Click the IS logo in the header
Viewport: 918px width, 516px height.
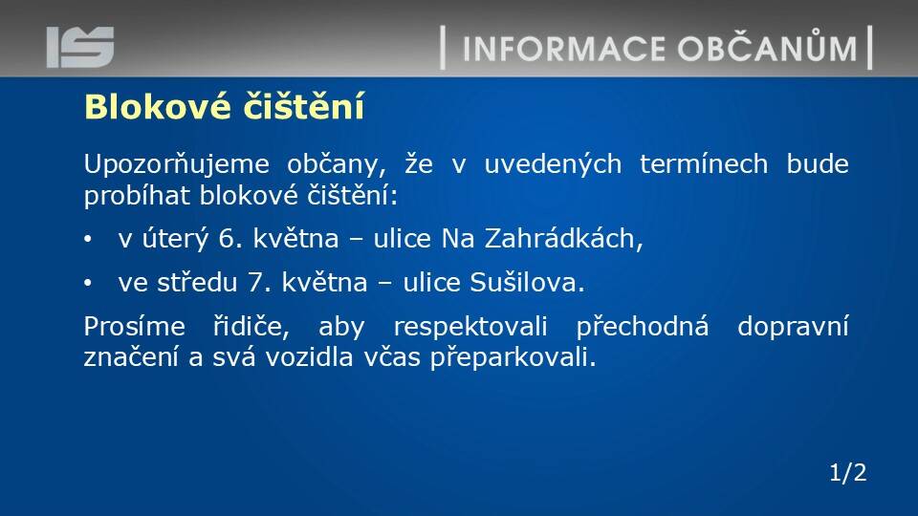tap(80, 47)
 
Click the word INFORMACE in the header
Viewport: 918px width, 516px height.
tap(564, 49)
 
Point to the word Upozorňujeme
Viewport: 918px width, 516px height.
tap(176, 164)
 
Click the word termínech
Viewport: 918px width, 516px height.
tap(704, 163)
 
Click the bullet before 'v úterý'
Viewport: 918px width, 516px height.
tap(88, 239)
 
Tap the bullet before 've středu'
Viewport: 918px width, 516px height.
tap(88, 283)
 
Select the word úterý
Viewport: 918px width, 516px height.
tap(175, 239)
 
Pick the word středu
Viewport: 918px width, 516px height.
tap(197, 283)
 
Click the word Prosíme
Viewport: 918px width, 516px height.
tap(135, 327)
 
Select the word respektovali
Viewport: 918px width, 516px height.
tap(470, 328)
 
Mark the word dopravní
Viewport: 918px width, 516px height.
tap(793, 328)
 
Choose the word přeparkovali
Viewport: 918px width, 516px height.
tap(513, 358)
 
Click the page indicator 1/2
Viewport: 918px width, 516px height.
tap(848, 473)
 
